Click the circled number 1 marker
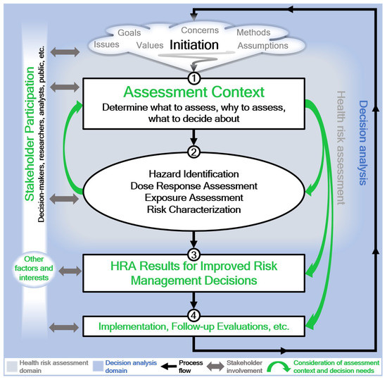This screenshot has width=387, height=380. [x=193, y=71]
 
